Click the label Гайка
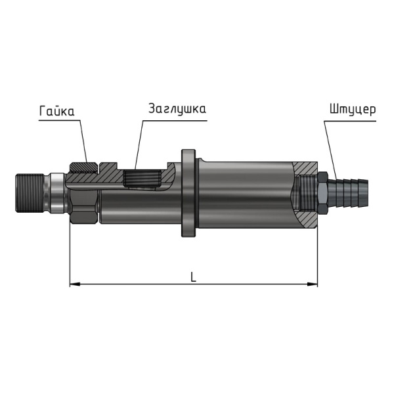tap(56, 111)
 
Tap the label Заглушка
tap(177, 109)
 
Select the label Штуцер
tap(353, 110)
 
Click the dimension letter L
tap(193, 276)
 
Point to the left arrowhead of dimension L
tap(75, 284)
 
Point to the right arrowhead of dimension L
tap(313, 284)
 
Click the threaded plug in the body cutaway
tap(142, 178)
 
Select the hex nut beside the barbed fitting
tap(322, 192)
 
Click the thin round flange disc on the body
tap(188, 193)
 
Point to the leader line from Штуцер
tap(331, 150)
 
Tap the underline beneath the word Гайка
tap(60, 121)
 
